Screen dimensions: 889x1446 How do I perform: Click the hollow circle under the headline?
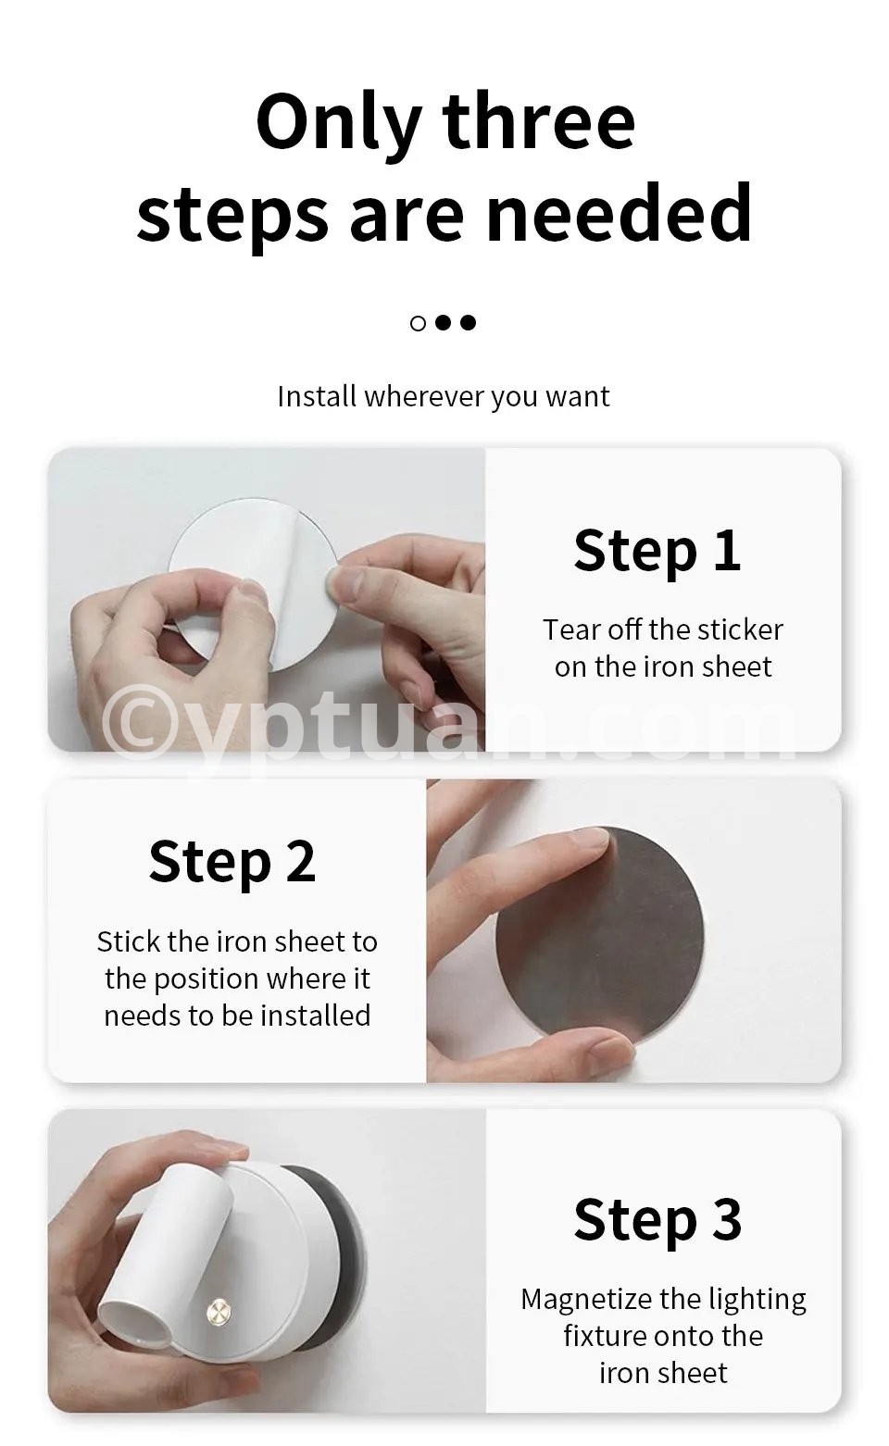[418, 323]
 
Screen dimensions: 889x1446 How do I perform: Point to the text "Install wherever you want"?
[444, 396]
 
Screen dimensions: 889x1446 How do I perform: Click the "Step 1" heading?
[657, 550]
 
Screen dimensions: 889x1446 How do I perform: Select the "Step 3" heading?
[657, 1219]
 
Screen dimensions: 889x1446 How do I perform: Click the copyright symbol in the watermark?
[135, 724]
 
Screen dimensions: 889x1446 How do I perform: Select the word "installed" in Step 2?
[316, 1016]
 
